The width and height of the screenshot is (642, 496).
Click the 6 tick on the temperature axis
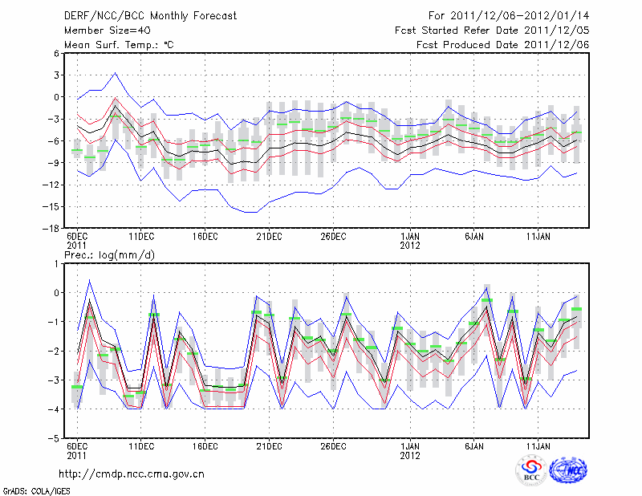pyautogui.click(x=57, y=54)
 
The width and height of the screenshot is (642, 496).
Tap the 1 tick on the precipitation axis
pyautogui.click(x=58, y=263)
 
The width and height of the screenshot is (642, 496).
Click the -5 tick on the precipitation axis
pyautogui.click(x=55, y=439)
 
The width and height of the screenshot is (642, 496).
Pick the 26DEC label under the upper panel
pyautogui.click(x=333, y=237)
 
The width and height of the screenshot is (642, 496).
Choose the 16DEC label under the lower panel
pyautogui.click(x=205, y=446)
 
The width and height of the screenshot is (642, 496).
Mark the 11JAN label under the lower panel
pyautogui.click(x=538, y=446)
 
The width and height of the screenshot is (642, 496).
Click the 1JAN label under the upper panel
pyautogui.click(x=410, y=237)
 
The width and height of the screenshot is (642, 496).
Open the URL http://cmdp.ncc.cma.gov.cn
pyautogui.click(x=132, y=474)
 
